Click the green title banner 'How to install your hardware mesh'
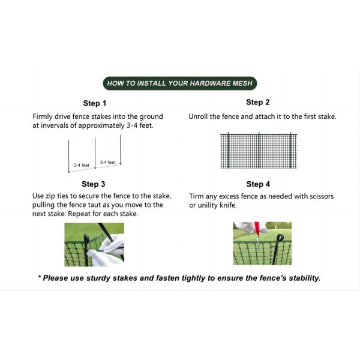180,83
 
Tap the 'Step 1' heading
95,103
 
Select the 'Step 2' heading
257,102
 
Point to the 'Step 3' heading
93,184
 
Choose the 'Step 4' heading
258,184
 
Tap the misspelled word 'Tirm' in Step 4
196,196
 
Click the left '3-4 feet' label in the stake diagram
81,165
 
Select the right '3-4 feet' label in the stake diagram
107,162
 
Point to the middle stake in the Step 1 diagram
95,153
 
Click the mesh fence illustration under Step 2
259,151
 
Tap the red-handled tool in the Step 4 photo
257,232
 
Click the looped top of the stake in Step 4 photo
280,238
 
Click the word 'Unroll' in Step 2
198,116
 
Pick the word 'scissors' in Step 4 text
322,196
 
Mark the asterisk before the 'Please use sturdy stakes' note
40,277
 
